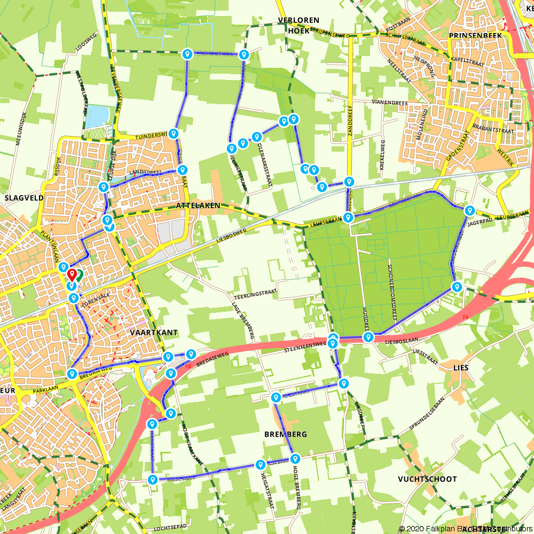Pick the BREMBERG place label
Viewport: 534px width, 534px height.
(x=286, y=434)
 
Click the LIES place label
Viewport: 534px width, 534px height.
(x=460, y=368)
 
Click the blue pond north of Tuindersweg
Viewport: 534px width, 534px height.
(x=97, y=116)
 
